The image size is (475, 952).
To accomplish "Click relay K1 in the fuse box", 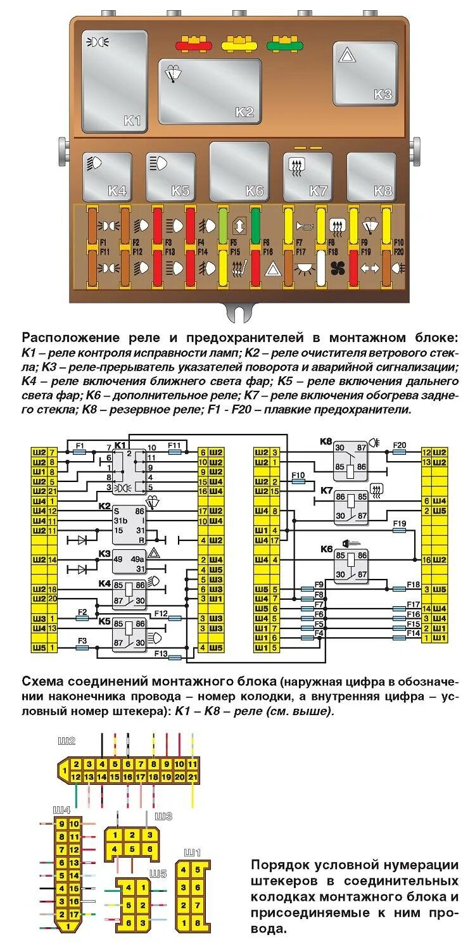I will point(115,80).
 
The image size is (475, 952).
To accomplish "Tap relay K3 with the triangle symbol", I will point(365,73).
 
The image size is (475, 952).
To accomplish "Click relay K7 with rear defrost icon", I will point(307,175).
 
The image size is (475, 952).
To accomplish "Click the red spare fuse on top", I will point(193,46).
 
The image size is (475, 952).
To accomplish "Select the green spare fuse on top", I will point(284,46).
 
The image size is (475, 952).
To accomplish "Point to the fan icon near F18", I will point(338,267).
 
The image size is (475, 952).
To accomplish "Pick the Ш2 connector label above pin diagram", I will point(66,740).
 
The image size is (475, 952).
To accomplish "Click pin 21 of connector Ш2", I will point(193,777).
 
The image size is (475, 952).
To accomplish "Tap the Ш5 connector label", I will point(158,873).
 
